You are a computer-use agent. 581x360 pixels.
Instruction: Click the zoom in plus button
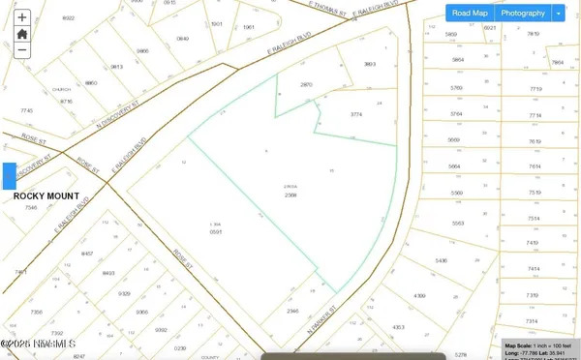(21, 15)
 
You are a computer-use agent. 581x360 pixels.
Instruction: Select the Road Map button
(470, 14)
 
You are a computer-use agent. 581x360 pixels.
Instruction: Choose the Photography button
(522, 14)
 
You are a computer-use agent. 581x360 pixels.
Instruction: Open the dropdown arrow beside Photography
(558, 14)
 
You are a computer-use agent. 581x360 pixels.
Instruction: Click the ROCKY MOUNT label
(39, 195)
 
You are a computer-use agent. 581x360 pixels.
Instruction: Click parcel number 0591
(217, 232)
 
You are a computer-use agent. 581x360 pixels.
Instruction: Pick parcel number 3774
(355, 114)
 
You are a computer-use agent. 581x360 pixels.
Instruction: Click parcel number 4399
(418, 295)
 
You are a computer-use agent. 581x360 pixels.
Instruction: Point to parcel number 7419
(533, 243)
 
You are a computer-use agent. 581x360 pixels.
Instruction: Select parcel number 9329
(124, 293)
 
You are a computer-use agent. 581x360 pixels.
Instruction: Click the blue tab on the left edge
(9, 176)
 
